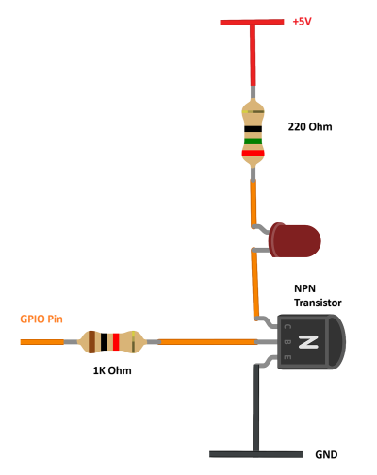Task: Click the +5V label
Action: tap(302, 22)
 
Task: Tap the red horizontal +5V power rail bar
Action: tap(252, 22)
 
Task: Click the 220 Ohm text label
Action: tap(310, 126)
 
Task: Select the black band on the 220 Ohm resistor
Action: tap(253, 129)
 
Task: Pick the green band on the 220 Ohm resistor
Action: tap(253, 141)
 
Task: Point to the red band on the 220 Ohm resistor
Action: tap(253, 154)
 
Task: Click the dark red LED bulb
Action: tap(294, 240)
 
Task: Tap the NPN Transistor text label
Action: tap(318, 296)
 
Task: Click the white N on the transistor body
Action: tap(308, 342)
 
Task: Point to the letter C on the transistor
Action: tap(287, 327)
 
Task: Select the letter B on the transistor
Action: tap(287, 342)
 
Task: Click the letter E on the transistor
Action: tap(287, 357)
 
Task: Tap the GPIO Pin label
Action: tap(41, 319)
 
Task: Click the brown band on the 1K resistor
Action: tap(91, 342)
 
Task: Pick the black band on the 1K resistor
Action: tap(104, 342)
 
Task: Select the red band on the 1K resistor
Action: tap(116, 342)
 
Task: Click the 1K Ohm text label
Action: tap(112, 370)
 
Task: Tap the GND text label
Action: tap(326, 454)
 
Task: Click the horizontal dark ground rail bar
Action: tap(255, 454)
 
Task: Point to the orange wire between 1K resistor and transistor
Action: tap(207, 342)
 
